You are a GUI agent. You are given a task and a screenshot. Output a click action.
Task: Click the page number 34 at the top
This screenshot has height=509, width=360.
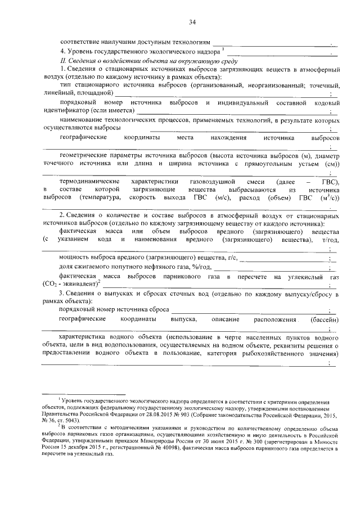pos(192,22)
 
